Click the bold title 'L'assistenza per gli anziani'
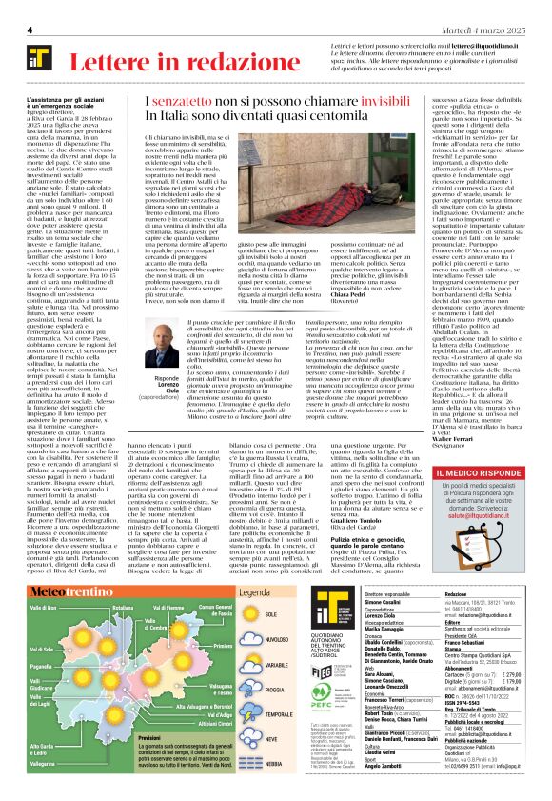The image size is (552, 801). (x=71, y=100)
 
